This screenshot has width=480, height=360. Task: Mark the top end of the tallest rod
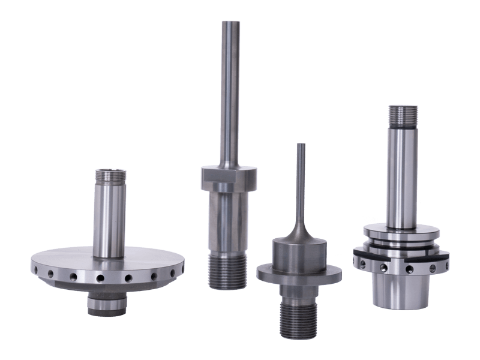(x=230, y=24)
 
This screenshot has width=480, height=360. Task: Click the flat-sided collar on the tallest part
(x=229, y=179)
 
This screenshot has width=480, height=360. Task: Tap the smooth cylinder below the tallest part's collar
(x=229, y=222)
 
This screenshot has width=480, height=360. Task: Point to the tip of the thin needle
(x=300, y=145)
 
